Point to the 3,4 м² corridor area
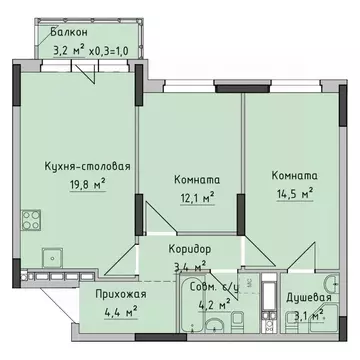[189, 266]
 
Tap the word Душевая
[304, 298]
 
